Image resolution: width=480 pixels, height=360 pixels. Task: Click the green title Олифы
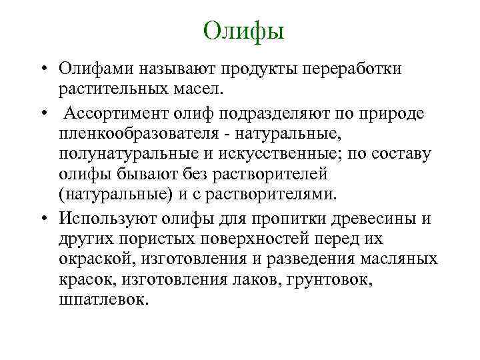coord(243,30)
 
